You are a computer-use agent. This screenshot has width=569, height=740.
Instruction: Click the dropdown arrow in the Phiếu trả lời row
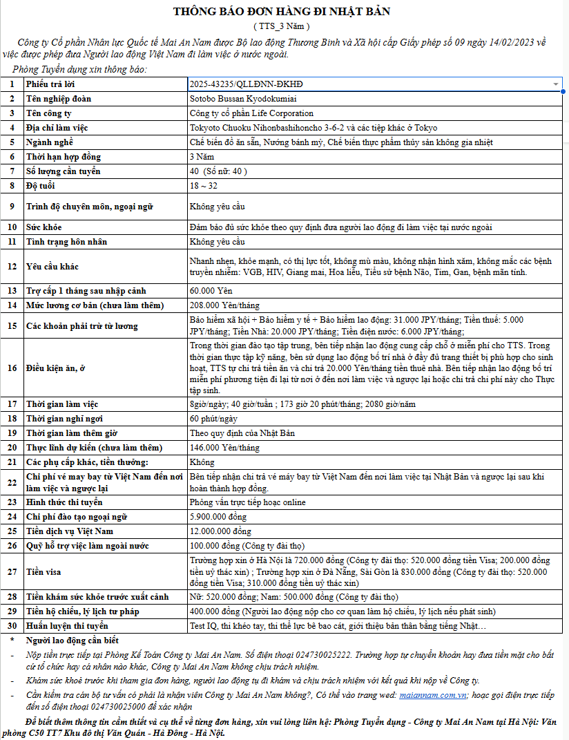click(556, 84)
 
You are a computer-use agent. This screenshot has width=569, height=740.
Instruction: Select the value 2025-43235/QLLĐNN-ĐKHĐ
click(246, 84)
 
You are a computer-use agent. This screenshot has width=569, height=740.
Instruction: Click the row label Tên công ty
click(49, 113)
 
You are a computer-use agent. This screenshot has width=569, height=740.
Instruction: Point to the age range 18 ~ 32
click(203, 186)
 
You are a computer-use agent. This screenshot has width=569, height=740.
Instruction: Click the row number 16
click(11, 368)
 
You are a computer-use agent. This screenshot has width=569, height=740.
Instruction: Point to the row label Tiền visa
click(44, 572)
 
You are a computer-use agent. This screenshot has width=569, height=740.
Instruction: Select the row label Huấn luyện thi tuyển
click(67, 626)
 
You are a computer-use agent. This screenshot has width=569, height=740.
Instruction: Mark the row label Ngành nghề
click(49, 142)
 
